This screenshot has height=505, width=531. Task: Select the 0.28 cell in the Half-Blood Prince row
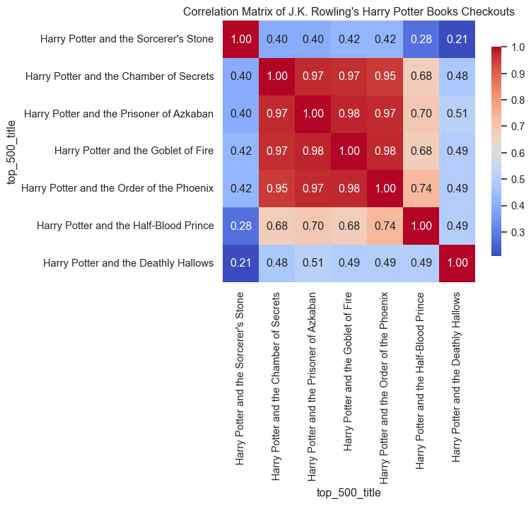pos(241,226)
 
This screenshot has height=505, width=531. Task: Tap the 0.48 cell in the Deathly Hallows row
pos(277,263)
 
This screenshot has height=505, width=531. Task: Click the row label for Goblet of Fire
pos(134,151)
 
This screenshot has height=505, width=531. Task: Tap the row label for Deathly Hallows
pos(128,263)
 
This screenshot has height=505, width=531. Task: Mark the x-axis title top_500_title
pos(349,492)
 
